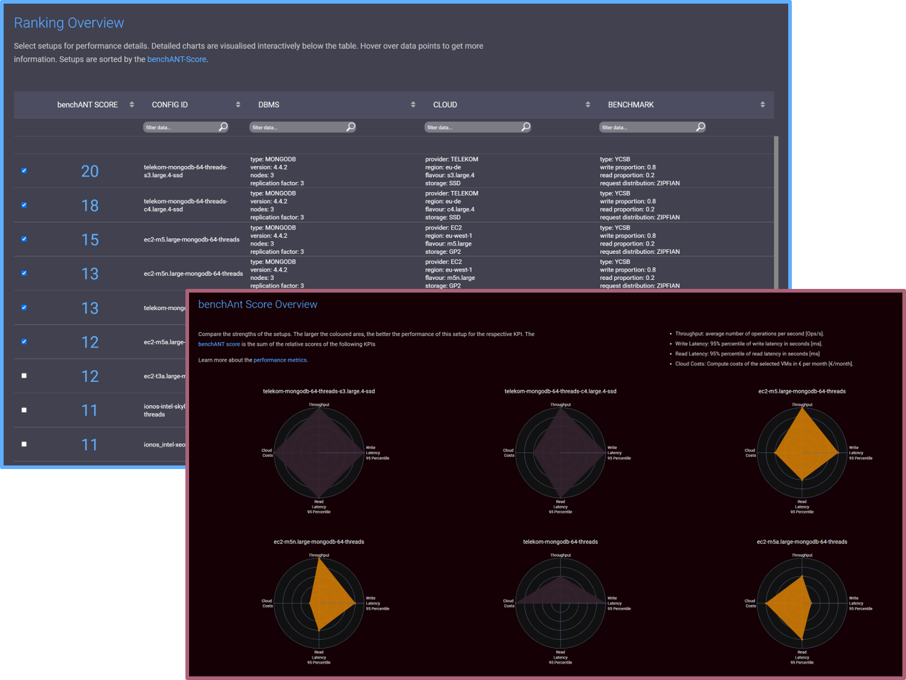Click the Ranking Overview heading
(x=69, y=23)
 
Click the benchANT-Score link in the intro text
(x=177, y=59)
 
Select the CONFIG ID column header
(x=170, y=105)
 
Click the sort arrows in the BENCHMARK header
(x=762, y=105)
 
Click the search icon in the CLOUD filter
(x=525, y=127)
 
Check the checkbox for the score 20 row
(x=24, y=170)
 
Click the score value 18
(x=89, y=206)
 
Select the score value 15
(x=89, y=240)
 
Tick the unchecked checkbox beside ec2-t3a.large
(x=24, y=375)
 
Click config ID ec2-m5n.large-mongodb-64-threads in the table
(x=193, y=274)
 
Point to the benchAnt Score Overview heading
(x=257, y=305)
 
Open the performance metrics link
(x=280, y=360)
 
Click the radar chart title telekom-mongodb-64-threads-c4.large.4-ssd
(x=560, y=391)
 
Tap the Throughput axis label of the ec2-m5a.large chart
(x=802, y=555)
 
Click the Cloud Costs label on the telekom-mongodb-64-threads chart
(x=509, y=603)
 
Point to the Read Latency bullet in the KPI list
(x=747, y=354)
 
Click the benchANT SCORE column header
(x=88, y=105)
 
